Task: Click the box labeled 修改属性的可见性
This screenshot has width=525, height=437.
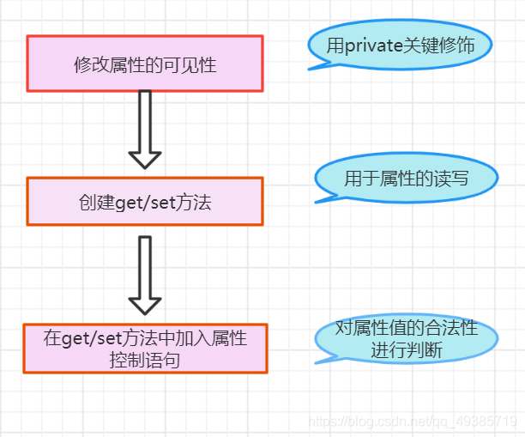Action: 144,64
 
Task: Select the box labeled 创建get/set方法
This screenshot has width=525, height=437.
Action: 144,202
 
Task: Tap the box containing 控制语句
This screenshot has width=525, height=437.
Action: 145,348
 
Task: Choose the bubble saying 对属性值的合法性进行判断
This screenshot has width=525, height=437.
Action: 406,339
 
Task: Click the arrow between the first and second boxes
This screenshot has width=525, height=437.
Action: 144,129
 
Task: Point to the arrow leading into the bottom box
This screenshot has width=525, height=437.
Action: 144,275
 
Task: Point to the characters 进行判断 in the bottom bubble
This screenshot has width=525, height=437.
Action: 406,350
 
